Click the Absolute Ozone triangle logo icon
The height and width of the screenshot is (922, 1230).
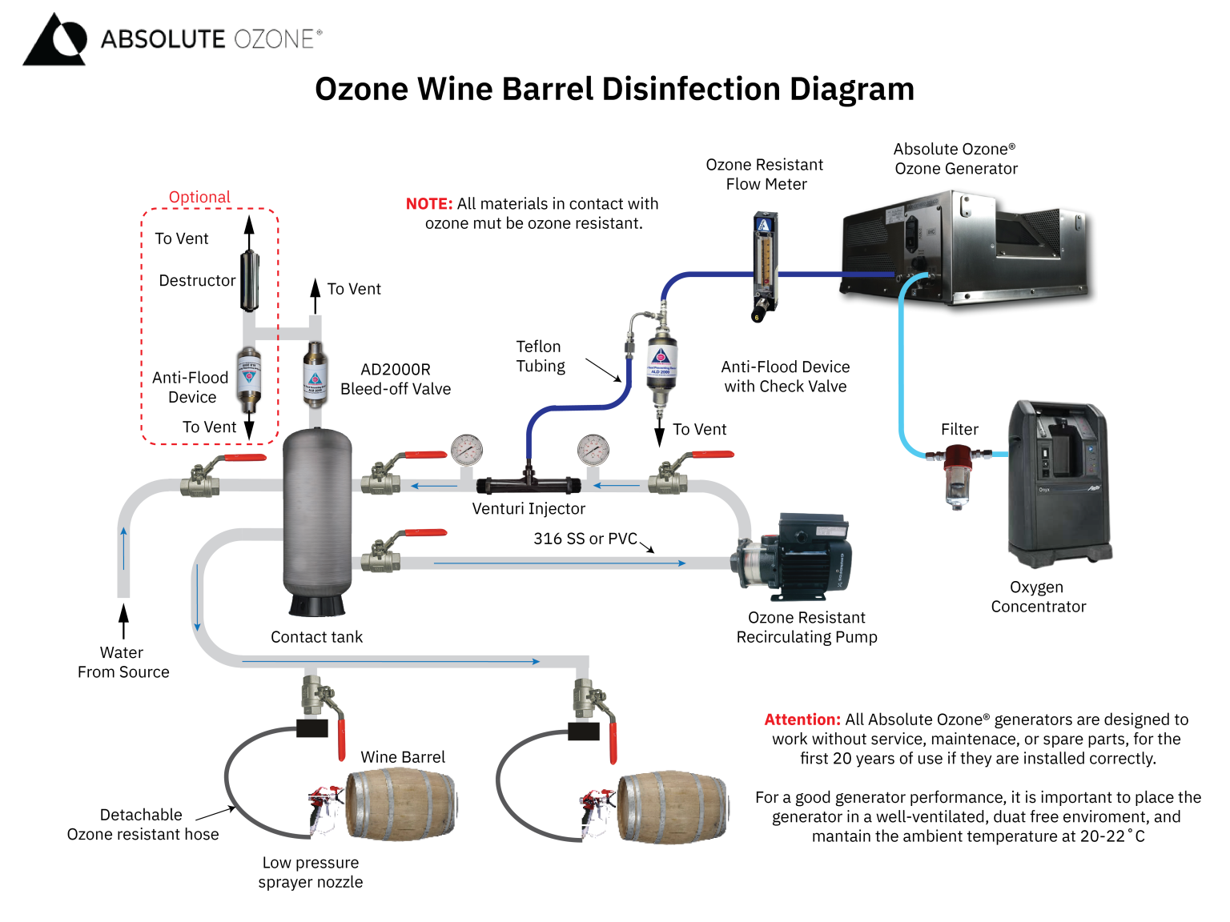pos(54,39)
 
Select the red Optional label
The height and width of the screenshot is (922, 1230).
pos(199,197)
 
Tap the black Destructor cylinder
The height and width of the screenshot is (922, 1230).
pos(250,281)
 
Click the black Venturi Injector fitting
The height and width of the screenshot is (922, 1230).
pos(528,483)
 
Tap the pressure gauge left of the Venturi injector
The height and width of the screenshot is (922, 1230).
pos(467,450)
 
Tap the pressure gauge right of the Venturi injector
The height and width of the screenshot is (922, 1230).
pos(593,450)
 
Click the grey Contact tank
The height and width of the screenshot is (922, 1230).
pos(317,520)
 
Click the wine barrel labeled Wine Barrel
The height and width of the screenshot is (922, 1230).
pos(400,804)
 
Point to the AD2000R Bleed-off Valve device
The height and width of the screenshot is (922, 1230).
pos(315,375)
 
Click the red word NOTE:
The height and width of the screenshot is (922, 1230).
pos(429,204)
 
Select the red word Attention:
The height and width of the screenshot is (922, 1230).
pos(802,720)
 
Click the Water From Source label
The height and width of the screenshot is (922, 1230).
pos(123,663)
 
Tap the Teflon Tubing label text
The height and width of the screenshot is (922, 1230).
pos(540,356)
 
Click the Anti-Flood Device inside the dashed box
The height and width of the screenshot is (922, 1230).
pos(249,377)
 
